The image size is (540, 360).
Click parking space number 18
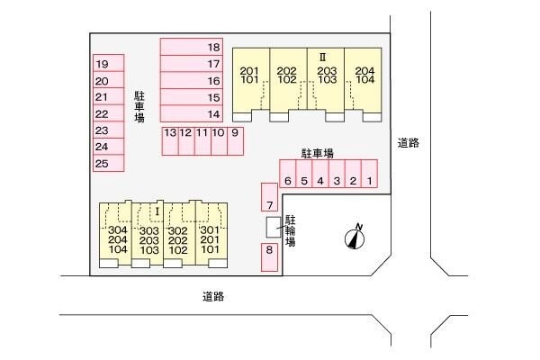(x=192, y=47)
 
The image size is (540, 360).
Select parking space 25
(x=109, y=163)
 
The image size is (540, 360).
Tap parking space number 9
(x=235, y=141)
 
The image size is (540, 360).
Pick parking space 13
(x=170, y=141)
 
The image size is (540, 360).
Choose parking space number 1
(x=370, y=174)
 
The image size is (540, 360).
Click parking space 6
(x=288, y=174)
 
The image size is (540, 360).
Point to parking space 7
(x=269, y=197)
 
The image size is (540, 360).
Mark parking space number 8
(x=269, y=257)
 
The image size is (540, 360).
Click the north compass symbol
(x=355, y=238)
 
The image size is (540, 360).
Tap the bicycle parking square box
(x=274, y=227)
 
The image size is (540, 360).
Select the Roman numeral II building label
(x=323, y=57)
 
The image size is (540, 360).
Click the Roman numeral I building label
(x=157, y=211)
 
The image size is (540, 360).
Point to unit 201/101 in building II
(x=251, y=80)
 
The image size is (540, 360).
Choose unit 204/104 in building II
(x=363, y=80)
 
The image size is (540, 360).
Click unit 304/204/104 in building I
(x=115, y=235)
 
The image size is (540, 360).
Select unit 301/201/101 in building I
(x=211, y=235)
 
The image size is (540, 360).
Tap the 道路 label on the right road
(x=409, y=142)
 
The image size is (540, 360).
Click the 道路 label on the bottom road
(x=213, y=296)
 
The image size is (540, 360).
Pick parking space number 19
(x=109, y=63)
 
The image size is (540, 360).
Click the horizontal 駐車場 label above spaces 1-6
(x=318, y=153)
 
